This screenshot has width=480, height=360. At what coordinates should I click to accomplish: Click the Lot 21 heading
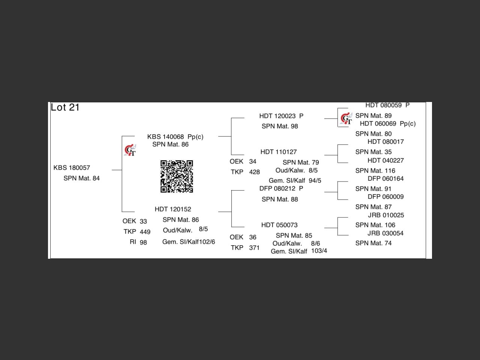click(65, 108)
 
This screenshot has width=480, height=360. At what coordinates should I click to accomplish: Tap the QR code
click(177, 176)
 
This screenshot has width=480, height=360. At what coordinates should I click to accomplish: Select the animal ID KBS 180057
click(72, 168)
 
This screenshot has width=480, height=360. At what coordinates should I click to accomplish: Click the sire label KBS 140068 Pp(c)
click(175, 137)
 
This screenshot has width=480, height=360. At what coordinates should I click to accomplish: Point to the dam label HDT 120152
click(173, 209)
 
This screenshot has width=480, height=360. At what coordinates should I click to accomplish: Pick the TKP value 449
click(145, 232)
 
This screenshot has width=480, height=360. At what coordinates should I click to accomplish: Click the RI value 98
click(143, 243)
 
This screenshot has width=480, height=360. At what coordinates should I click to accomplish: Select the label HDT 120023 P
click(281, 116)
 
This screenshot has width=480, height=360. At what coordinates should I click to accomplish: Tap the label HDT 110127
click(279, 152)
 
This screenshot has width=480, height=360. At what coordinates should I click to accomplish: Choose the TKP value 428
click(255, 172)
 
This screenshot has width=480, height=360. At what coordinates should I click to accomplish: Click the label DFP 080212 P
click(281, 189)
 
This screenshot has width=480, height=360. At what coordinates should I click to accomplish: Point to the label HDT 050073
click(279, 225)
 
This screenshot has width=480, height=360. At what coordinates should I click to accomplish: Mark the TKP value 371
click(254, 248)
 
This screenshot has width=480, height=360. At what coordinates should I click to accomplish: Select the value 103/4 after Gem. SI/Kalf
click(319, 251)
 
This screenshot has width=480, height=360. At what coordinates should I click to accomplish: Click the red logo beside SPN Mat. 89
click(346, 119)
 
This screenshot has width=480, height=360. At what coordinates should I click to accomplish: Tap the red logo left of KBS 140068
click(130, 150)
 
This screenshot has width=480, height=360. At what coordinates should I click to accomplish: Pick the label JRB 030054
click(385, 233)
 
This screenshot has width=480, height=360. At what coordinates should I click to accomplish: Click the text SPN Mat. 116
click(375, 171)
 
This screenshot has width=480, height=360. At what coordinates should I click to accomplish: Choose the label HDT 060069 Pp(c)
click(388, 124)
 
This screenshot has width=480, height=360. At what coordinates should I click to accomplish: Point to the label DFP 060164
click(385, 179)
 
